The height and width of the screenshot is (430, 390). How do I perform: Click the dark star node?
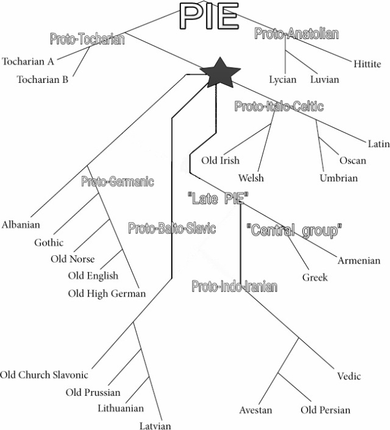tap(220, 73)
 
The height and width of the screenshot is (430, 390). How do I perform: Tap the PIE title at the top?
tap(208, 16)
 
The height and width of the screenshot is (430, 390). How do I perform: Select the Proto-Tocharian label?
tap(87, 40)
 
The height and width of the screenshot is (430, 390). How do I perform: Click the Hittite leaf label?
tap(367, 64)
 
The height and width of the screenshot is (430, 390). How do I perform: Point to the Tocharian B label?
tap(43, 79)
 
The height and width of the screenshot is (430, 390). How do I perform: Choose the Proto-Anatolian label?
tap(296, 34)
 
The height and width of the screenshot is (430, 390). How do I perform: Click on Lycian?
tap(283, 80)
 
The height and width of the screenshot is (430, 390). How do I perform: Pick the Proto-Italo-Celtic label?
tap(279, 107)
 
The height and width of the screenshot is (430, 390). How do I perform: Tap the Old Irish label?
tap(221, 161)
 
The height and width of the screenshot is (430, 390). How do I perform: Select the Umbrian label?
tap(339, 178)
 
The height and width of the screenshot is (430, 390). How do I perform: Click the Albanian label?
tap(21, 225)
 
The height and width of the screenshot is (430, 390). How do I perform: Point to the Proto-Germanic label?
tap(118, 182)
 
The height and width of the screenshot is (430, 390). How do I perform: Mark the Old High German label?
tap(107, 294)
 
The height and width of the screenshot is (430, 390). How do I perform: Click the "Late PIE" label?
tap(218, 198)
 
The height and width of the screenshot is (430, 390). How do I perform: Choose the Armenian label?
tap(359, 261)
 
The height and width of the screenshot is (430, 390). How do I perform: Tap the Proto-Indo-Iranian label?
tap(235, 286)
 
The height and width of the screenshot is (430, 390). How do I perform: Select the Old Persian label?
tap(325, 410)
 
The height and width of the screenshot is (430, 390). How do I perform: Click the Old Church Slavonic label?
tap(44, 375)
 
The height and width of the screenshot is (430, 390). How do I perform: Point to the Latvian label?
tap(155, 426)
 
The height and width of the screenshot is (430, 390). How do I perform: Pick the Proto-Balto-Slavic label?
tap(172, 228)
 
